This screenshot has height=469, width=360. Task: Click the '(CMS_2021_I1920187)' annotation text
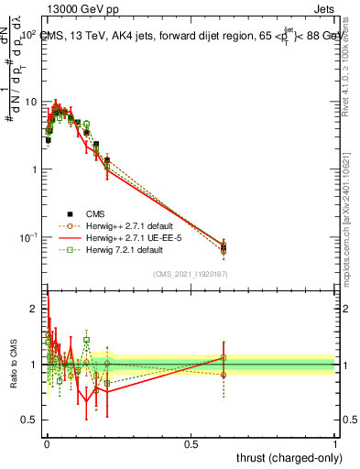[x=191, y=273]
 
